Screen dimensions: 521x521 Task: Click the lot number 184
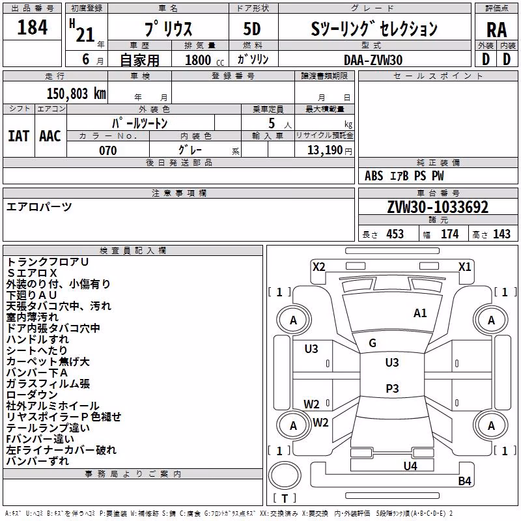tap(32, 27)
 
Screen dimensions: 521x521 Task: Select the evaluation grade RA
tap(496, 30)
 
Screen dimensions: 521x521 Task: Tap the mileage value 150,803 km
tap(76, 94)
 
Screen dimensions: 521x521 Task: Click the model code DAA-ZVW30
tap(373, 60)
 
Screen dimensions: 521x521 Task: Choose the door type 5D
tap(252, 29)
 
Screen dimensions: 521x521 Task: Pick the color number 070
tap(108, 150)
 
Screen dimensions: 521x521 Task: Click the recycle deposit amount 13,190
tap(324, 150)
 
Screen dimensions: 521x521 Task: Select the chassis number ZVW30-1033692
tap(438, 207)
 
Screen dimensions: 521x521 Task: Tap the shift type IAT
tap(19, 136)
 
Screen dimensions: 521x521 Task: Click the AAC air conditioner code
tap(50, 136)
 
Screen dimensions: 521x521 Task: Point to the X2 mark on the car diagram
tap(318, 267)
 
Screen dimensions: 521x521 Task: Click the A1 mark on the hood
tap(420, 313)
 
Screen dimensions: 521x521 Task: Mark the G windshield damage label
tap(373, 343)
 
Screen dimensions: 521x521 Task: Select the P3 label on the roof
tap(392, 388)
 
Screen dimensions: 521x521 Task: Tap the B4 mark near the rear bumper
tap(464, 481)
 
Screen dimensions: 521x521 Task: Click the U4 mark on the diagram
tap(410, 466)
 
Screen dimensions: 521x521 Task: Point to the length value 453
tap(395, 234)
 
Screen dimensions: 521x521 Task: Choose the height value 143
tap(501, 234)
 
